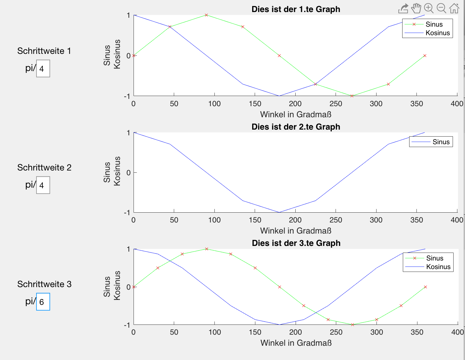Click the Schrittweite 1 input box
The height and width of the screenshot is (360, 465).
coord(43,68)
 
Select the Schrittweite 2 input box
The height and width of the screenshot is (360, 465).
coord(43,185)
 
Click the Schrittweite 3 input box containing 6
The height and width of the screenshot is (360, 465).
coord(43,302)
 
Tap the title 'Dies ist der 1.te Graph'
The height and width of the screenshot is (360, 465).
coord(296,9)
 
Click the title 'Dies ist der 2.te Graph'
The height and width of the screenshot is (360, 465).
coord(296,127)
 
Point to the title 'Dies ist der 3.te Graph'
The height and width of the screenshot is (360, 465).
coord(296,243)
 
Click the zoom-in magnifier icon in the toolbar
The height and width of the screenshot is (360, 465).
coord(429,8)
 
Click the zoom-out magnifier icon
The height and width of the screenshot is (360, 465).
coord(441,8)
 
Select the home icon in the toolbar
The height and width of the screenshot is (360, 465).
coord(454,8)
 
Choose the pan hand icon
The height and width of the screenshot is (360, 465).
coord(416,8)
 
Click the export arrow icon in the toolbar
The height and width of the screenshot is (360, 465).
coord(403,9)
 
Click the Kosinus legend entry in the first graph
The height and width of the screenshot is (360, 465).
coord(437,33)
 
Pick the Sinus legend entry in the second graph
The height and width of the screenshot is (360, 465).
coord(441,142)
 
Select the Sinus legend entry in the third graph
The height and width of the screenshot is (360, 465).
coord(435,258)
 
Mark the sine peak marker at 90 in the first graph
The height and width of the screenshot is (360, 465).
coord(206,15)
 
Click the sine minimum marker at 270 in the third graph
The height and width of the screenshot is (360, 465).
coord(352,325)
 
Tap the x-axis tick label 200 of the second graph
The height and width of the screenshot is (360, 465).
coord(295,220)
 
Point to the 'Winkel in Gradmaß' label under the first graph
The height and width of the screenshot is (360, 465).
coord(296,114)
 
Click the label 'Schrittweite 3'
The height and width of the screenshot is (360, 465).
coord(44,284)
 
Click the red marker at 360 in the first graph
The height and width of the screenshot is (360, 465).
coord(425,55)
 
